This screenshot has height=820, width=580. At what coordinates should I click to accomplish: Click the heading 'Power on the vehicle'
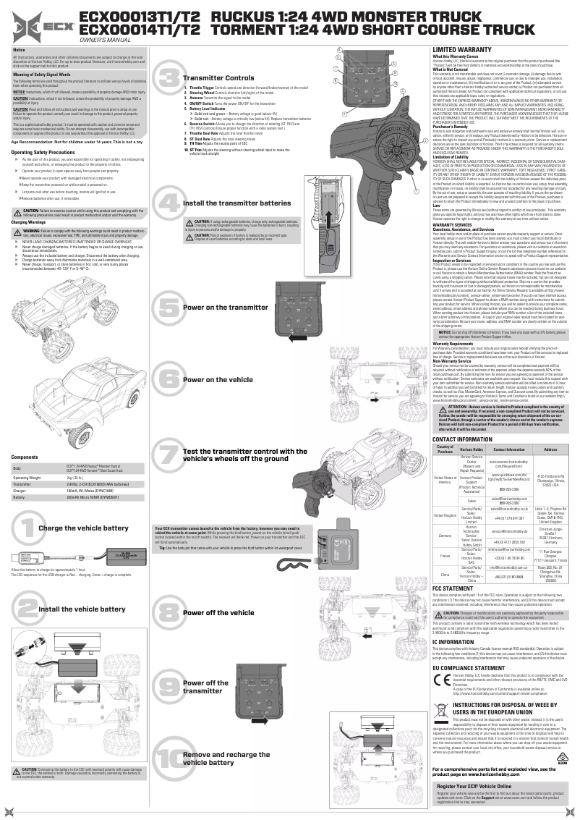(217, 379)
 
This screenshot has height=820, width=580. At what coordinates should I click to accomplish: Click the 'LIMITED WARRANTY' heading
(457, 48)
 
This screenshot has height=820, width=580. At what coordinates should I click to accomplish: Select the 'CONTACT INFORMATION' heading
(461, 439)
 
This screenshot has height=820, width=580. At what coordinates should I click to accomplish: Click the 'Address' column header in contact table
(550, 449)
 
